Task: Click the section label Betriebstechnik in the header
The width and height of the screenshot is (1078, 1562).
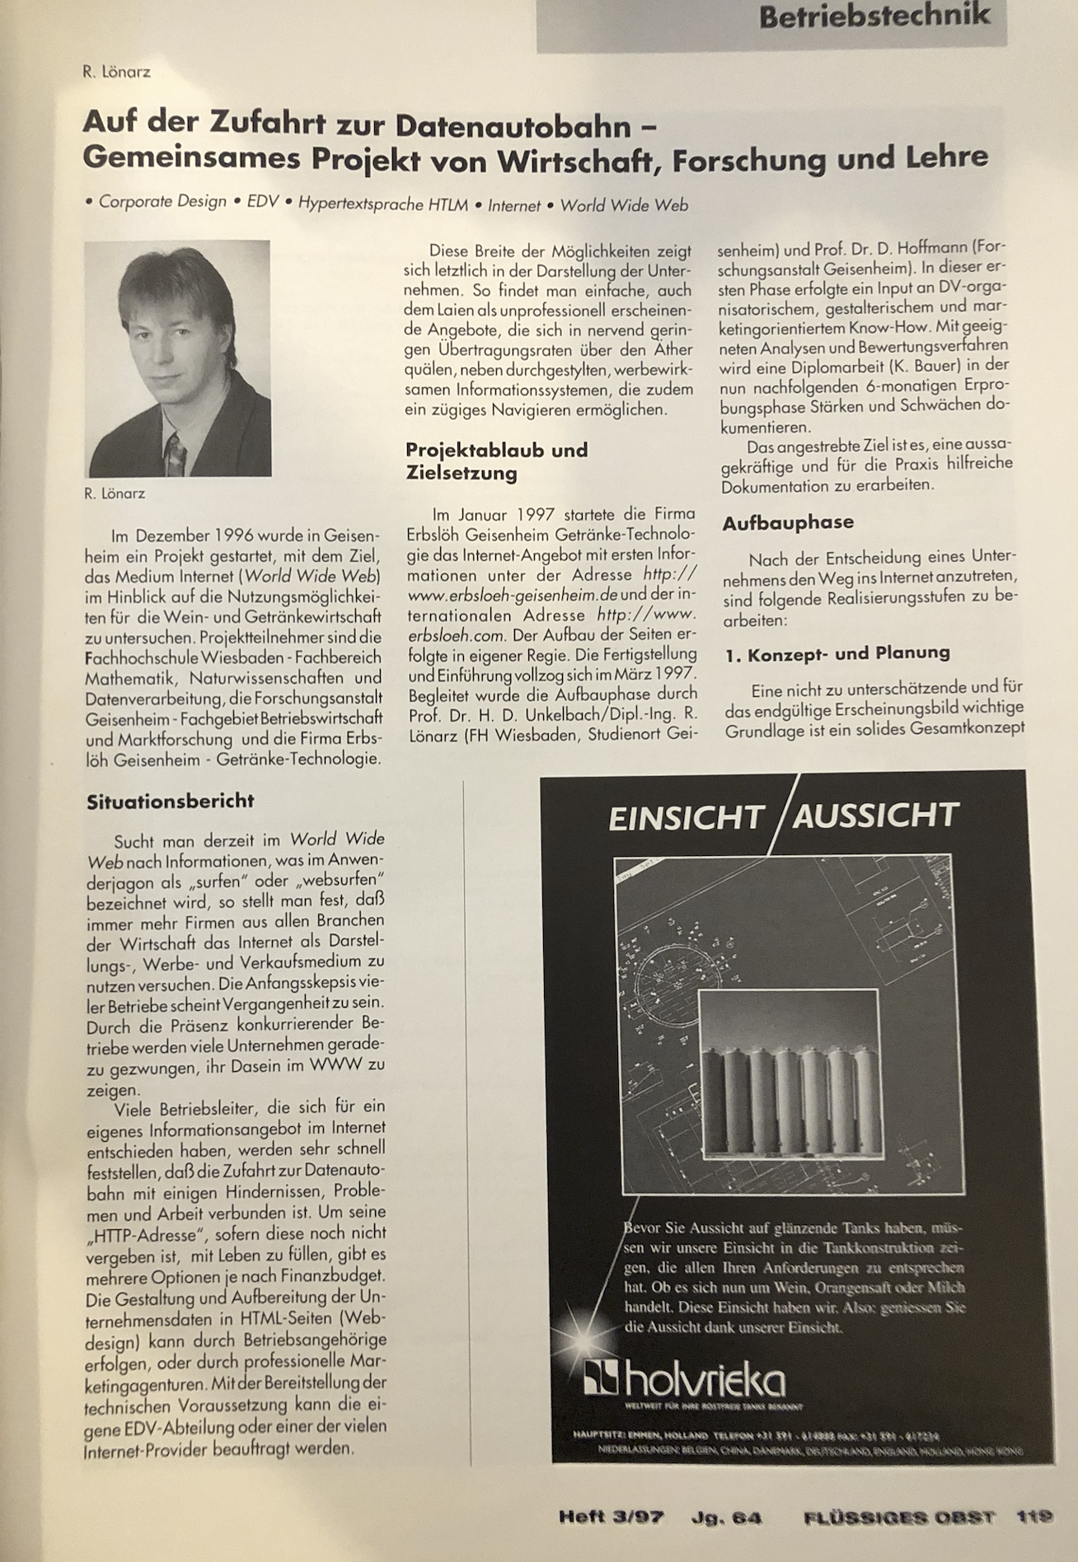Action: tap(874, 16)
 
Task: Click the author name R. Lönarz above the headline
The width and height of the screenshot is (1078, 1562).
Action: tap(116, 72)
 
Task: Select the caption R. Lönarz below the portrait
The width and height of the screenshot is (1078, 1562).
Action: tap(114, 493)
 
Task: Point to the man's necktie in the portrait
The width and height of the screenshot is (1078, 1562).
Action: tap(175, 454)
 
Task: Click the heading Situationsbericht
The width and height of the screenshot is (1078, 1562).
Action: tap(171, 801)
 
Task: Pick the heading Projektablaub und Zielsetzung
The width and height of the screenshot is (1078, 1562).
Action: tap(496, 461)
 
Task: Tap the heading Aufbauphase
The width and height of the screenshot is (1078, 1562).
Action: tap(788, 522)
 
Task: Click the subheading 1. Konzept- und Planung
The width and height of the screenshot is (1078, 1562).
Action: tap(837, 653)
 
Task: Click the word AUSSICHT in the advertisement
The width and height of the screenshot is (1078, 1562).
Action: tap(875, 816)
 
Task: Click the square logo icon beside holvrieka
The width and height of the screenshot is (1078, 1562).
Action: tap(601, 1377)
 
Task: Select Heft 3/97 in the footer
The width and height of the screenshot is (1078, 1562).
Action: tap(611, 1517)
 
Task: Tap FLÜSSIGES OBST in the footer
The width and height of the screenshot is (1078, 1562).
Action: tap(899, 1517)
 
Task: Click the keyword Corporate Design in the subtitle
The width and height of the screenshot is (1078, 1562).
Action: tap(162, 203)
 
